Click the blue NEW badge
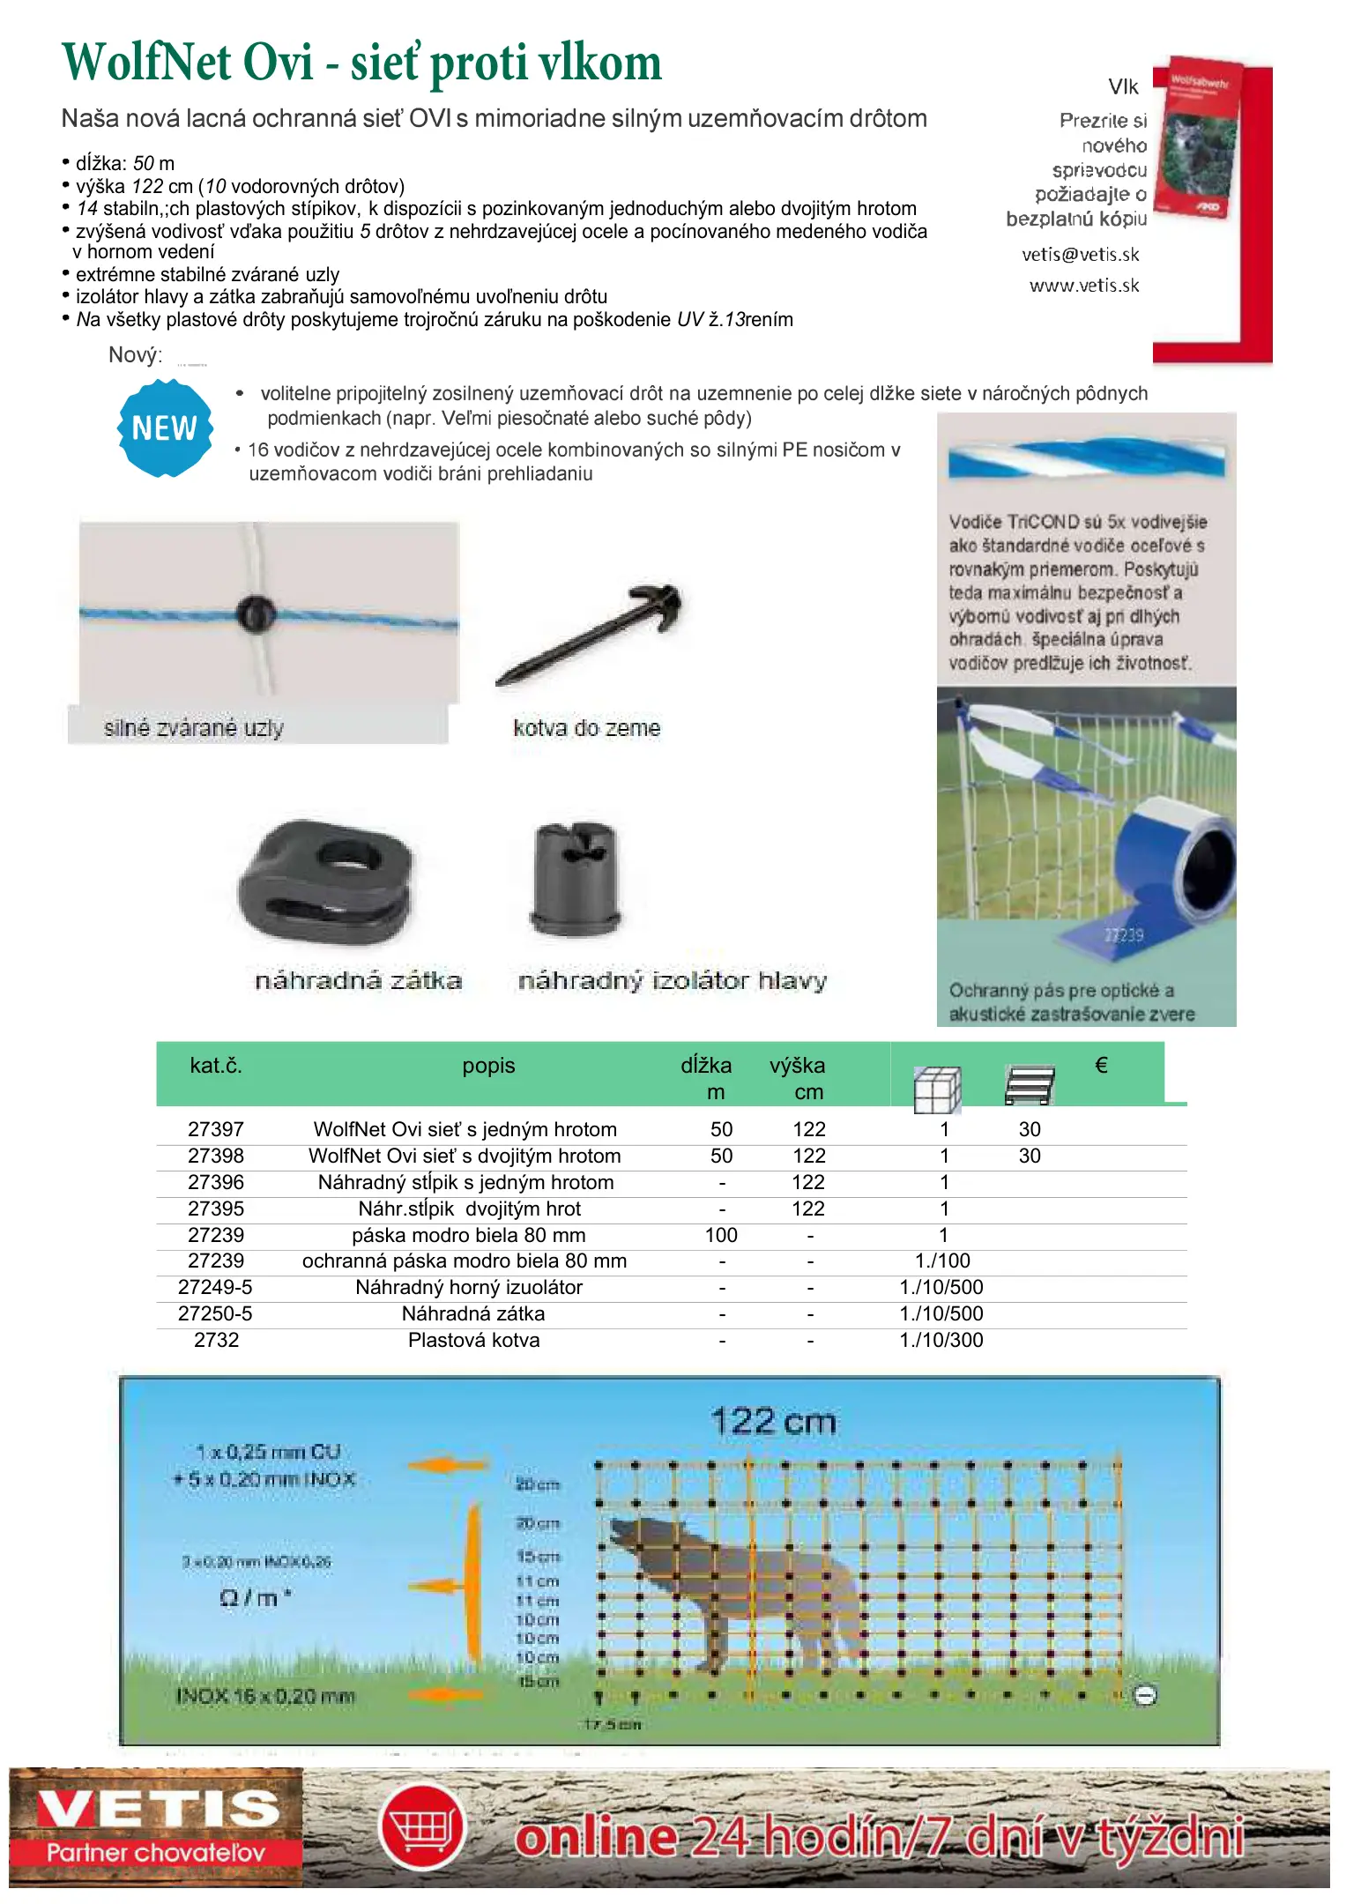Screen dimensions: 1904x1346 [165, 428]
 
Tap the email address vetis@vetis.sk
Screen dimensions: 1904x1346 [1080, 255]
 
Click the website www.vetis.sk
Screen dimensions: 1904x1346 [1083, 286]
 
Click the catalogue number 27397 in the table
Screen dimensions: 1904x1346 [215, 1129]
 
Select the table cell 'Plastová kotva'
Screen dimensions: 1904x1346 [473, 1340]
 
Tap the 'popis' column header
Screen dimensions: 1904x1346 [488, 1066]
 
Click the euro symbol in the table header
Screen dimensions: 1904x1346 [1101, 1065]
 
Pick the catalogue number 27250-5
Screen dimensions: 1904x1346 [215, 1313]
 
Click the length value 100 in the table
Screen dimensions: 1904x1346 [721, 1235]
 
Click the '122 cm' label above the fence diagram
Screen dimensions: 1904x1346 [773, 1422]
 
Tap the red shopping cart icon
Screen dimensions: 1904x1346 [422, 1828]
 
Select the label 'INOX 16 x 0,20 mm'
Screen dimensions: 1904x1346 [264, 1696]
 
